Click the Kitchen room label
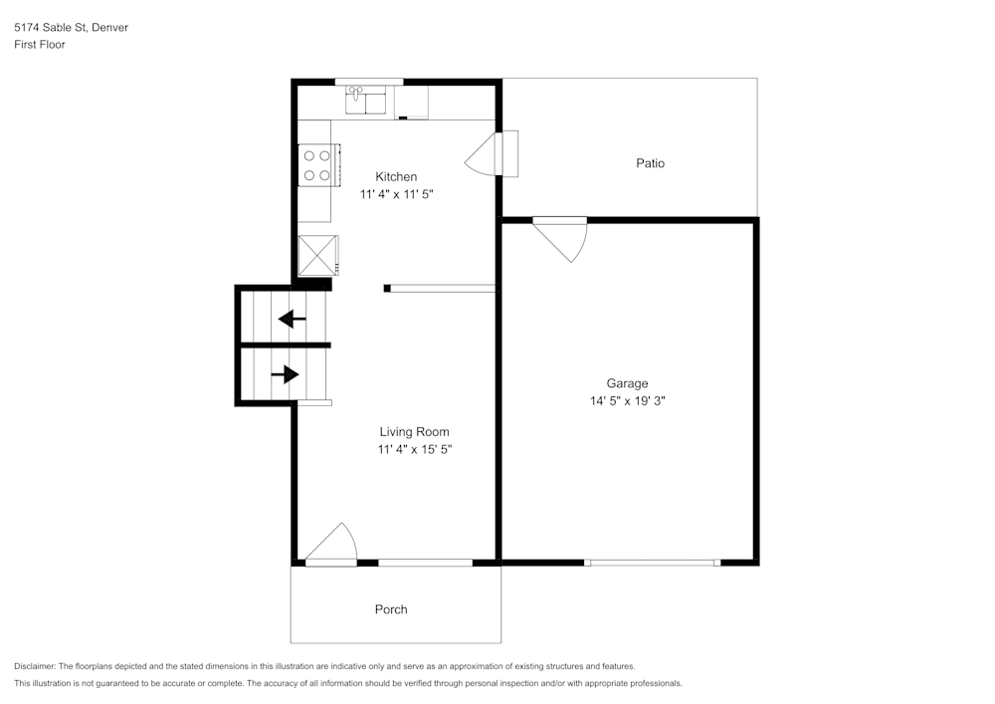tap(396, 177)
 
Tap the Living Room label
tap(414, 432)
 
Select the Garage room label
tap(627, 383)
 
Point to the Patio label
tap(651, 163)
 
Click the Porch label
tap(391, 609)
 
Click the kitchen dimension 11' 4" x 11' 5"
tap(396, 195)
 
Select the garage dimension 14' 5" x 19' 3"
tap(627, 401)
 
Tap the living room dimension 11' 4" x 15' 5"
tap(414, 450)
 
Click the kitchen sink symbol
tap(367, 101)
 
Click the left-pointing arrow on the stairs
tap(292, 320)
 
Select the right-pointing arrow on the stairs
tap(286, 374)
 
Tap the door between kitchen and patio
tap(494, 154)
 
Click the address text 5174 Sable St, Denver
tap(71, 28)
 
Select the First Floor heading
tap(40, 45)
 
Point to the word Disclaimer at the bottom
tap(36, 666)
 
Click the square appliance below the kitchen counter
tap(318, 254)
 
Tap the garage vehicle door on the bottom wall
tap(652, 563)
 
